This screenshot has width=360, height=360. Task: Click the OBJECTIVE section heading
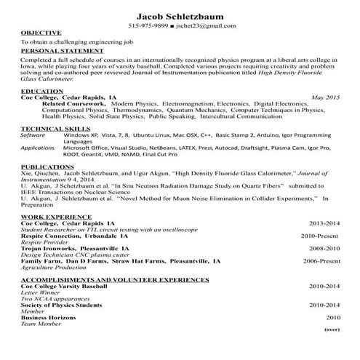pyautogui.click(x=41, y=33)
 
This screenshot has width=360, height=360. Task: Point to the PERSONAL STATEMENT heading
pyautogui.click(x=60, y=51)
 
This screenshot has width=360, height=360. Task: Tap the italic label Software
pyautogui.click(x=33, y=135)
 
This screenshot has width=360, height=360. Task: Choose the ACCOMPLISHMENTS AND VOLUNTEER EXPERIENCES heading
pyautogui.click(x=115, y=279)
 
